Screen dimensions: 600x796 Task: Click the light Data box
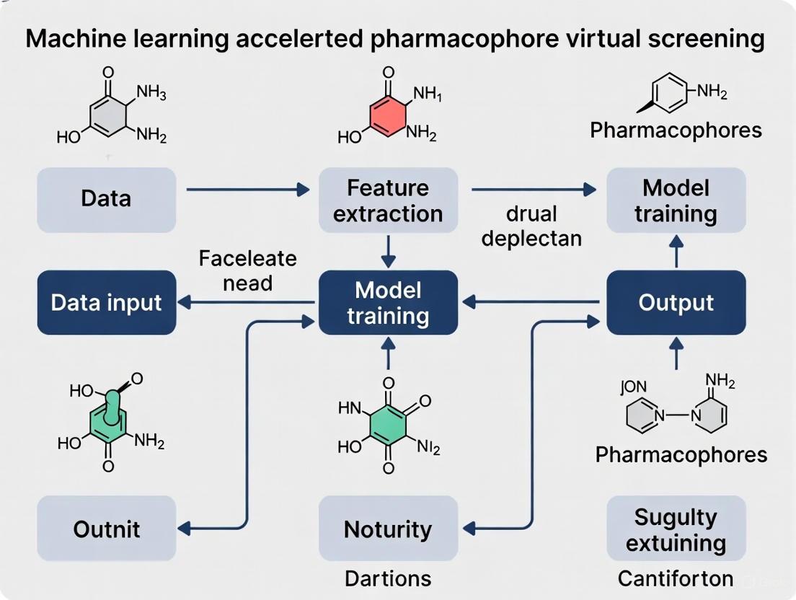pos(106,200)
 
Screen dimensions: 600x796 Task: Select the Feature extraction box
pos(388,200)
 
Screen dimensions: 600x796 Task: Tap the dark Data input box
pos(106,302)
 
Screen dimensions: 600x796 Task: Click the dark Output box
pos(676,302)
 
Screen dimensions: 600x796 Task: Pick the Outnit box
pos(106,529)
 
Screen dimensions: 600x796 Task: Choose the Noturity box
pos(388,529)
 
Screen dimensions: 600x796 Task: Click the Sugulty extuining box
pos(676,529)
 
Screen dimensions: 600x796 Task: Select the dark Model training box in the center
pos(388,302)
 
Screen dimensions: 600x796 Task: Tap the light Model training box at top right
pos(676,200)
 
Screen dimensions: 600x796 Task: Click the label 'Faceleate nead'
pos(247,270)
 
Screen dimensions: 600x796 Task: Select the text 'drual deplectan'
pos(531,226)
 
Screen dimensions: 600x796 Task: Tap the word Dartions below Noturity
pos(388,578)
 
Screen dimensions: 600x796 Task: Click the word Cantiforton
pos(676,578)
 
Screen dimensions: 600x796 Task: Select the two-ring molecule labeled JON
pos(676,411)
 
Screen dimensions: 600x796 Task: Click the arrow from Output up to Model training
pos(676,252)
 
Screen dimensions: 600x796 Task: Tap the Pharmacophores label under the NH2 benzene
pos(676,130)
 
